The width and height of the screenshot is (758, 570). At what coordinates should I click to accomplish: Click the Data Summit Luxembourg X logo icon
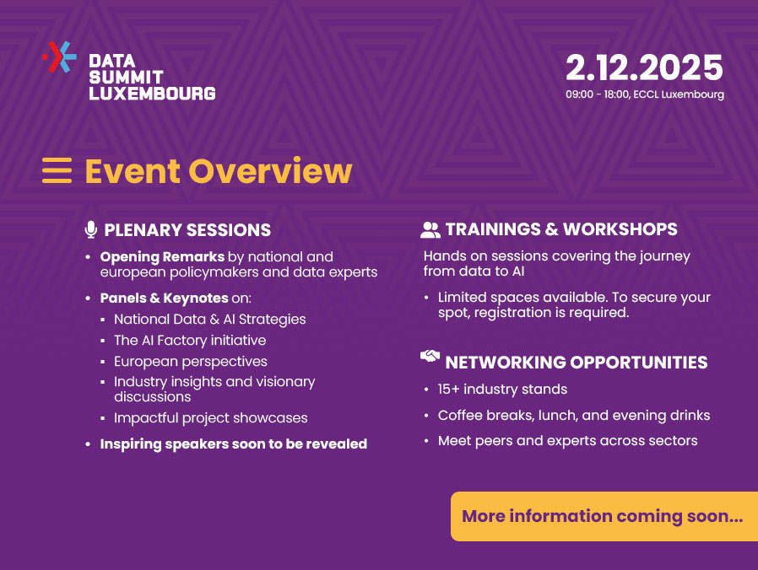coord(59,57)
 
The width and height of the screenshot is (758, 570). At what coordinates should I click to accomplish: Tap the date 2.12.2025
coord(644,67)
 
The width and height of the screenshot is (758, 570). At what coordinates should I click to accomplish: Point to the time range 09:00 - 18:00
coord(598,94)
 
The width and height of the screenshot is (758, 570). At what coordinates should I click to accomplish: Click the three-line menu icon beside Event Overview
coord(57,170)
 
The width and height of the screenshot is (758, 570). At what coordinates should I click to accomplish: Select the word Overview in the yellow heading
coord(270,171)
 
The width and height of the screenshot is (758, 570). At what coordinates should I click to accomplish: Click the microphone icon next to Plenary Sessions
coord(90,229)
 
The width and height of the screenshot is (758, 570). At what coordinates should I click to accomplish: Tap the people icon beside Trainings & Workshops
coord(430,230)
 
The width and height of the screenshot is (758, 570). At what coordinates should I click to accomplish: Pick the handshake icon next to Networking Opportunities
coord(430,357)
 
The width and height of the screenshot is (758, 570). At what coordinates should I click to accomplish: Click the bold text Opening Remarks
coord(162,257)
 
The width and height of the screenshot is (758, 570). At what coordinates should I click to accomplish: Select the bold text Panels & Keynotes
coord(165,298)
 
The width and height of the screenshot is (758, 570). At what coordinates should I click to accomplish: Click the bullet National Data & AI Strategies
coord(210,320)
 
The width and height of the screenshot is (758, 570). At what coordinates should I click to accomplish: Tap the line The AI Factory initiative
coord(190,341)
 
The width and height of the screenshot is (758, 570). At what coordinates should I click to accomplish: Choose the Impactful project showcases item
coord(211,418)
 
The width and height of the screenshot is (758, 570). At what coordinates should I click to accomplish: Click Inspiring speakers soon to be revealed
coord(234,444)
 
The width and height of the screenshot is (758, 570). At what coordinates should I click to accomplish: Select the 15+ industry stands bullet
coord(502,390)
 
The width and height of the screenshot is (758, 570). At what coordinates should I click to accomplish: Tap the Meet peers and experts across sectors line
coord(567,441)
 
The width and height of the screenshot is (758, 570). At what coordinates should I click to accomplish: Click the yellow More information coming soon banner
coord(604,516)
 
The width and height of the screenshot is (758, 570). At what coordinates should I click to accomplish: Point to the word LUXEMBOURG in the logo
coord(152,94)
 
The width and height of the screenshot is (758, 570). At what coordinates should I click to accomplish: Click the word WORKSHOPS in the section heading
coord(620,229)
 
